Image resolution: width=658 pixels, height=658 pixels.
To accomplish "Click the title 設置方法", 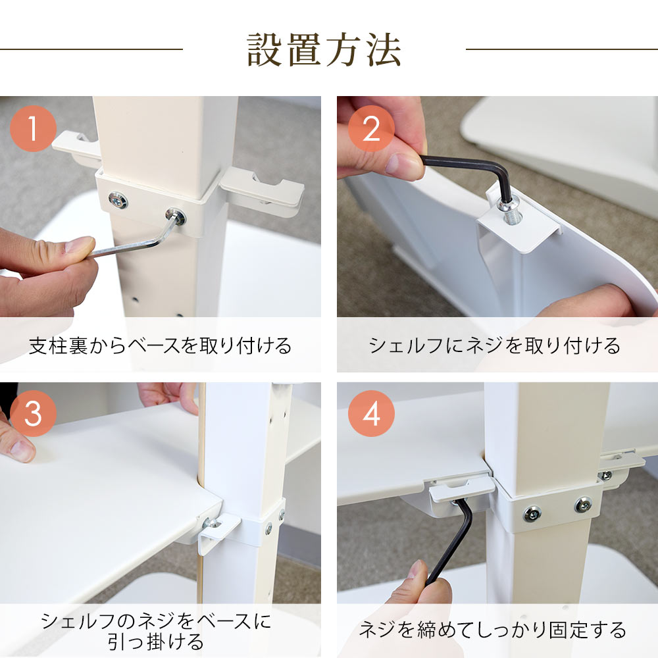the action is click(324, 50).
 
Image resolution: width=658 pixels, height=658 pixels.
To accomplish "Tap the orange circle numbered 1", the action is click(33, 128).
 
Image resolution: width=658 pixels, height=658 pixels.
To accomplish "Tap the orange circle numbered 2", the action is click(371, 128).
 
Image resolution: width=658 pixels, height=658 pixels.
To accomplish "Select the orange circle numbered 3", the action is click(33, 414).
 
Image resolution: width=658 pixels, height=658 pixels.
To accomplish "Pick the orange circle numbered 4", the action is click(371, 414).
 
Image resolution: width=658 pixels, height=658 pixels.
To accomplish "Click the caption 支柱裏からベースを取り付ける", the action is click(161, 346).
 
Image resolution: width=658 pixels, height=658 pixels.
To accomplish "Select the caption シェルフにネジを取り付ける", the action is click(494, 346).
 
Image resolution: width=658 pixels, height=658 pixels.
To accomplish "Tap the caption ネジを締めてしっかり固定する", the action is click(493, 630).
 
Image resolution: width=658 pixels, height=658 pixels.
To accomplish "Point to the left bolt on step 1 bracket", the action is click(118, 201).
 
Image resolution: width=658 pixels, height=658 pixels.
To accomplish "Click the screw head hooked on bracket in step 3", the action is click(211, 523).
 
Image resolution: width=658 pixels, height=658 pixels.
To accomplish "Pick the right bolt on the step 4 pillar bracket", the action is click(582, 505).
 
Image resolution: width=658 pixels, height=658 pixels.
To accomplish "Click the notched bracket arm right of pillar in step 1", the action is click(262, 191).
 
